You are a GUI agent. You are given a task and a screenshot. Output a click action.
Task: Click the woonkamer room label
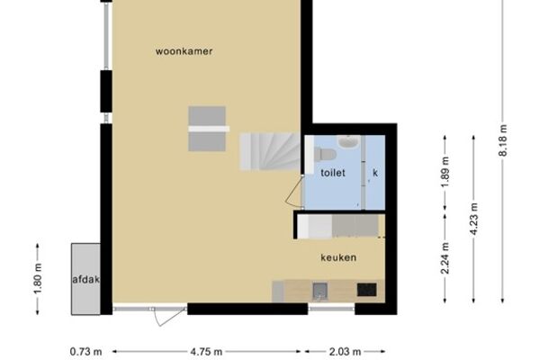click(184, 51)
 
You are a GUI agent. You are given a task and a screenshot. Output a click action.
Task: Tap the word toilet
click(333, 173)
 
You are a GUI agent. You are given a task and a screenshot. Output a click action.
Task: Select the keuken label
click(338, 257)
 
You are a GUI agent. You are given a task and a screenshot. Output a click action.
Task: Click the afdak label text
click(85, 279)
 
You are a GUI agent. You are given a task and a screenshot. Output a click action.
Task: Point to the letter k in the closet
click(375, 173)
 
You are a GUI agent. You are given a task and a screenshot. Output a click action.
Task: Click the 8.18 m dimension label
click(503, 140)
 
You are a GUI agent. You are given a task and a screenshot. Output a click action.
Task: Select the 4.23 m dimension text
click(474, 219)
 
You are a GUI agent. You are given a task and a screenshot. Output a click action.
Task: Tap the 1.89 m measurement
click(445, 172)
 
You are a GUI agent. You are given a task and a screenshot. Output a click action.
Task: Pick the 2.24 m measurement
click(445, 258)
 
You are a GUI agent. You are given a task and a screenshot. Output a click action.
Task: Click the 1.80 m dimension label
click(38, 279)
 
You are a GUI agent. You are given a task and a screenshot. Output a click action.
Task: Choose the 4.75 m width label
click(206, 352)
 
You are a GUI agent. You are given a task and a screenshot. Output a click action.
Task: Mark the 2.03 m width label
click(345, 352)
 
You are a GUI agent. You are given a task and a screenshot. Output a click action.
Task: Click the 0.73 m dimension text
click(85, 352)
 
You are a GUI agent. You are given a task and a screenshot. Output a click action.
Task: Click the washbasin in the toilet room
click(349, 141)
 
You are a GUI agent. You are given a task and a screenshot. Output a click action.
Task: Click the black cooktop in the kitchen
click(366, 290)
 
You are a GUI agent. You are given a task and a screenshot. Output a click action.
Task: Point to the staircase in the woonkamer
click(270, 151)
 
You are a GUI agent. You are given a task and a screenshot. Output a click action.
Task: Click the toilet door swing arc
click(292, 191)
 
